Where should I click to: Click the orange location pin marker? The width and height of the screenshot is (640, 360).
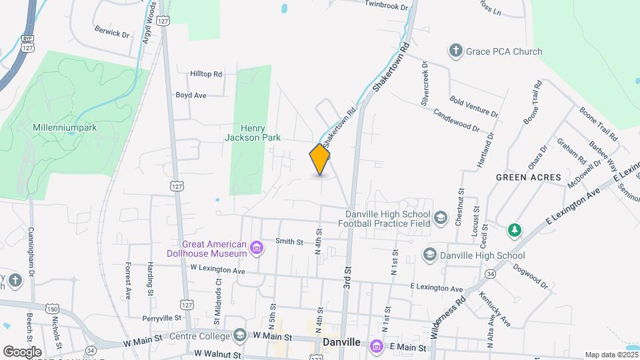(x=320, y=159)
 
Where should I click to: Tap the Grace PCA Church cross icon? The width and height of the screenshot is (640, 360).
(x=456, y=51)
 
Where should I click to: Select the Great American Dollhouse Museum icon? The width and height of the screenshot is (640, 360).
(x=256, y=249)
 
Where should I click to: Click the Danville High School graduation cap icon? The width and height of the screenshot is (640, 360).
(x=430, y=255)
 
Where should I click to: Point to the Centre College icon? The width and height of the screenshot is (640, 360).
(x=240, y=335)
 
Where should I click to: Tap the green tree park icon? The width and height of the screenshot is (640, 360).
(x=514, y=231)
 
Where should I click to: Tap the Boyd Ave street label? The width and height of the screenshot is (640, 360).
(x=191, y=95)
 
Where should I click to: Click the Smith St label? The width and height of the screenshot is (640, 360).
(x=289, y=242)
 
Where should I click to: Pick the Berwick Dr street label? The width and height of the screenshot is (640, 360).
(x=112, y=31)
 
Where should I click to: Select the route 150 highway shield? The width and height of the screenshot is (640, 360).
(x=53, y=309)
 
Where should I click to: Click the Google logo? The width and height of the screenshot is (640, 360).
(x=22, y=351)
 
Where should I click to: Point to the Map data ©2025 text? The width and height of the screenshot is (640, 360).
(x=611, y=355)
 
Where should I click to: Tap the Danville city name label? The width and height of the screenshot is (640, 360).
(x=341, y=342)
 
